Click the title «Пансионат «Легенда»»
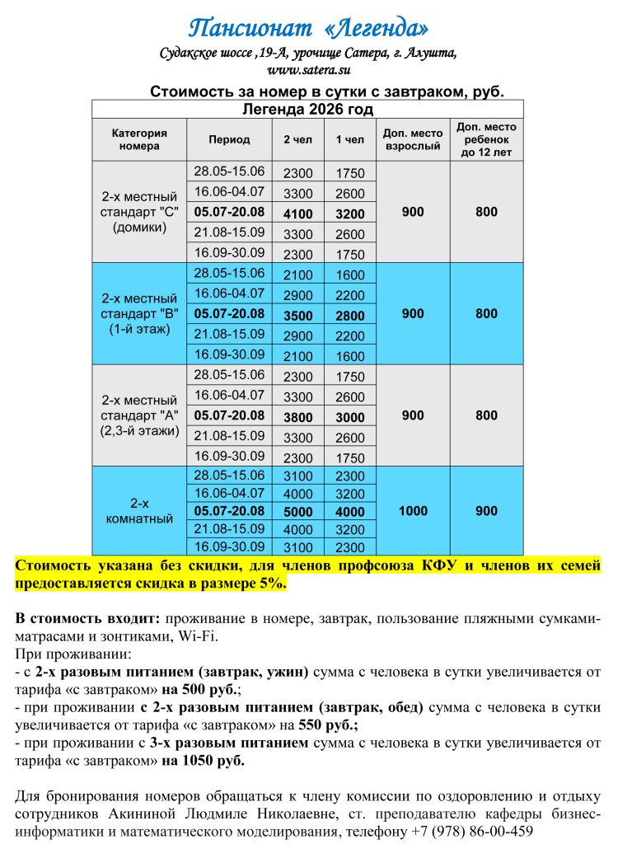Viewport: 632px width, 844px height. (308, 29)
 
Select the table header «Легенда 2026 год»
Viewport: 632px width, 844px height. (307, 110)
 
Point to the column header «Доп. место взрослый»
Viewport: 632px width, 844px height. (413, 139)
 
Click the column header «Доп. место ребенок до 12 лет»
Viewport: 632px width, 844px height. (486, 139)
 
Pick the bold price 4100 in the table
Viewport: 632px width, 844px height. (298, 213)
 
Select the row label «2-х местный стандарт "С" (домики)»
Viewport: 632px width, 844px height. (139, 212)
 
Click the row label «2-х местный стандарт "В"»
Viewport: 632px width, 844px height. (139, 314)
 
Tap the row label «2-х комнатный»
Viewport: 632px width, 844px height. (139, 511)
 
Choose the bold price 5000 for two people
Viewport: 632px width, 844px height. (298, 511)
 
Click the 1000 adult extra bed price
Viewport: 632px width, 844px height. (413, 511)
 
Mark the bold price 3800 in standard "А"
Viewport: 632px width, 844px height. (298, 418)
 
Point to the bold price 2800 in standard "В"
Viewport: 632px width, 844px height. (350, 316)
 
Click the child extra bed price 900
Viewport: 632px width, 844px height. (486, 511)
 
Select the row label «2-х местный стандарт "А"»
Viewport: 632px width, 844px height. (139, 415)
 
